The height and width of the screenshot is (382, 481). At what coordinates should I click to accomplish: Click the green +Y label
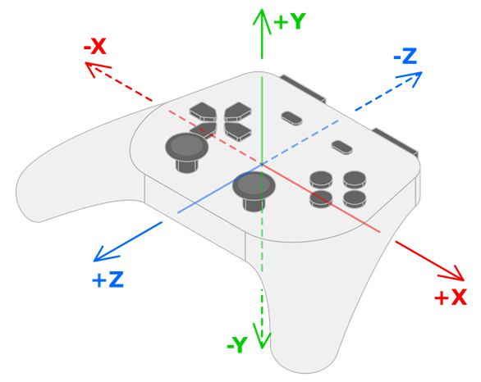(x=289, y=21)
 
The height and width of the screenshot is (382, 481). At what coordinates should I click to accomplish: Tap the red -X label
(x=95, y=48)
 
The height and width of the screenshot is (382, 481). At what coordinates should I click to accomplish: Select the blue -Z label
(x=405, y=57)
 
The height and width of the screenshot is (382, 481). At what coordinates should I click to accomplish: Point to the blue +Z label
(x=108, y=280)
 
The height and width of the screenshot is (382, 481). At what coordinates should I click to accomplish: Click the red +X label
(x=451, y=298)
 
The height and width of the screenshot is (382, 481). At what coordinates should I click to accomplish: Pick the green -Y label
(x=236, y=345)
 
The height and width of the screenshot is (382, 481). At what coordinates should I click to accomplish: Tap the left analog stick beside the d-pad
(x=187, y=148)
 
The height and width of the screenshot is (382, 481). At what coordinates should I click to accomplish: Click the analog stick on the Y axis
(x=254, y=187)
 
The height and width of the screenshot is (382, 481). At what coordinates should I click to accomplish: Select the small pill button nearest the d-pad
(x=291, y=118)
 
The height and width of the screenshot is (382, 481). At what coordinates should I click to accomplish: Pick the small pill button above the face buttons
(x=341, y=148)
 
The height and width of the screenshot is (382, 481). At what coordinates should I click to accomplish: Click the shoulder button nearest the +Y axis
(x=304, y=88)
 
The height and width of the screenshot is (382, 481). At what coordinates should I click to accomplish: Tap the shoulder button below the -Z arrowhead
(x=396, y=141)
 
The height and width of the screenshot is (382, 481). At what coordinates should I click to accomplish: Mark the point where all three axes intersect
(x=261, y=164)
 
